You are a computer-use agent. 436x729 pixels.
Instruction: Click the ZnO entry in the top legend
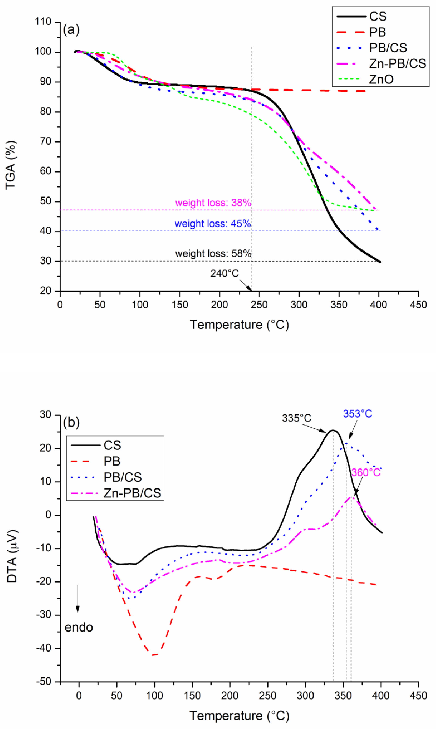pyautogui.click(x=381, y=79)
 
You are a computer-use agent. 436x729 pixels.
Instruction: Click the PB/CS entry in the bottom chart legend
pyautogui.click(x=123, y=477)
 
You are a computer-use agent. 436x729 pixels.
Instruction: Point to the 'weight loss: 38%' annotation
pyautogui.click(x=213, y=203)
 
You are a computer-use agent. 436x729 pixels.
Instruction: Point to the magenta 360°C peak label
pyautogui.click(x=366, y=473)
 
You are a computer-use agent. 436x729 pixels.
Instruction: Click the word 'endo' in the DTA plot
pyautogui.click(x=79, y=627)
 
